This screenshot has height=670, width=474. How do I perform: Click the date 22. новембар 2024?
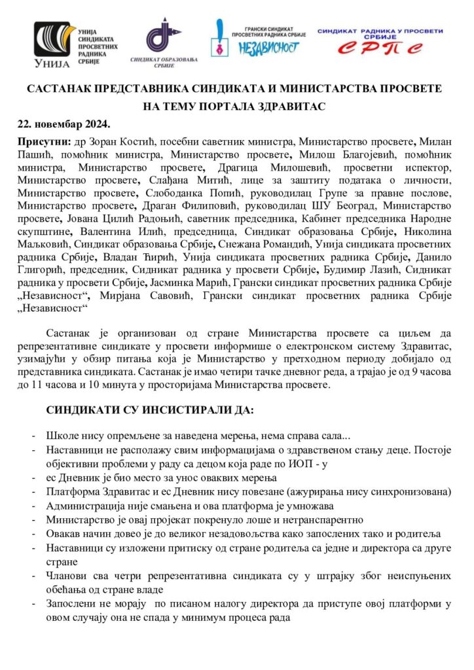pos(62,124)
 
